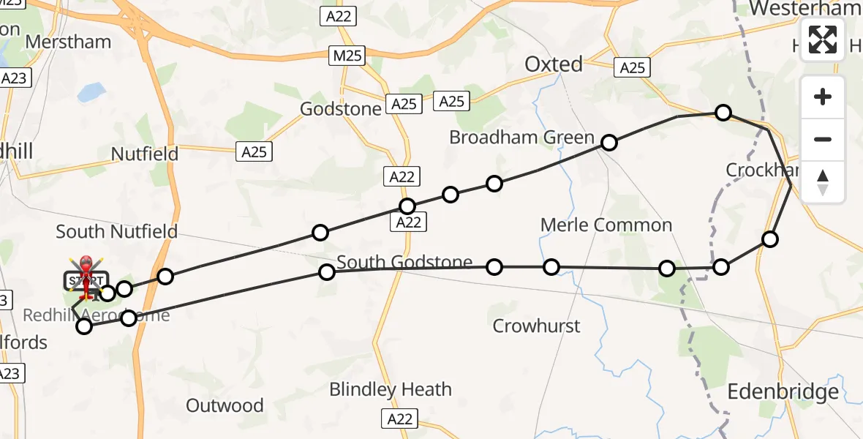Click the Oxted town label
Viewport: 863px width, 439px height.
pyautogui.click(x=554, y=64)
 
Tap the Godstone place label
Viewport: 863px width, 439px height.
pyautogui.click(x=341, y=109)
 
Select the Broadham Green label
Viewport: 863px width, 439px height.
pyautogui.click(x=521, y=137)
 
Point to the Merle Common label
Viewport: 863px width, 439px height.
pyautogui.click(x=606, y=225)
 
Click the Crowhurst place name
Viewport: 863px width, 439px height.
pyautogui.click(x=536, y=326)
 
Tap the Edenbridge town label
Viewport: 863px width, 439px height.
pyautogui.click(x=783, y=392)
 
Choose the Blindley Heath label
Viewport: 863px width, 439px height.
pyautogui.click(x=390, y=389)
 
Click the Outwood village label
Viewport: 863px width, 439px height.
pyautogui.click(x=225, y=405)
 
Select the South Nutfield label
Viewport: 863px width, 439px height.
pyautogui.click(x=117, y=232)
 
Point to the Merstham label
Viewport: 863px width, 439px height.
pyautogui.click(x=68, y=42)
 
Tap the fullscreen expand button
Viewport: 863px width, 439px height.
pyautogui.click(x=823, y=40)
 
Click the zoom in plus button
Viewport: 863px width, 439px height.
pyautogui.click(x=823, y=97)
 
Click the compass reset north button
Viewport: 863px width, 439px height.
pyautogui.click(x=823, y=182)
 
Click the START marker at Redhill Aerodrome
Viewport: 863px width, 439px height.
pyautogui.click(x=86, y=280)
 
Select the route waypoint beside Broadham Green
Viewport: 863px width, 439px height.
pyautogui.click(x=609, y=143)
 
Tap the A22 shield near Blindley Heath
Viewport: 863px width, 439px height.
pyautogui.click(x=399, y=419)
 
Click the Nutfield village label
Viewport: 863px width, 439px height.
pyautogui.click(x=145, y=154)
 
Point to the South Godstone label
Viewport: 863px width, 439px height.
pyautogui.click(x=404, y=262)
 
